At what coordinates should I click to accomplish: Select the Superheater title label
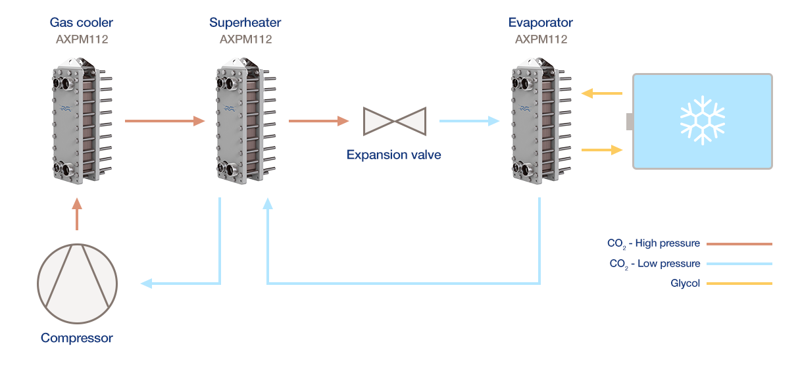point(245,23)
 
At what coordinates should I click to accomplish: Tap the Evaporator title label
point(540,23)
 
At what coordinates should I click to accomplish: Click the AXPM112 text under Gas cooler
point(82,39)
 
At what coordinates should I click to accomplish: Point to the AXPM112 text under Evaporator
point(540,39)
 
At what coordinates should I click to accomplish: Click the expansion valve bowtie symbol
point(393,121)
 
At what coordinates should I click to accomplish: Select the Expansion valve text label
point(393,155)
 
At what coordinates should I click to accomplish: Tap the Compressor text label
point(77,339)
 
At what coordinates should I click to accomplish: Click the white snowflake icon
point(702,121)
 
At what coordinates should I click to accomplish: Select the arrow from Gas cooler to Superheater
point(164,121)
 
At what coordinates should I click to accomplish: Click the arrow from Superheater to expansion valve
point(318,121)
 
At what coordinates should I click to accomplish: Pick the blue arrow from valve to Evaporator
point(469,121)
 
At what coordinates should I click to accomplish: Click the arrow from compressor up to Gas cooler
point(77,215)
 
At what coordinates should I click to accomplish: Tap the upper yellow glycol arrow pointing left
point(602,93)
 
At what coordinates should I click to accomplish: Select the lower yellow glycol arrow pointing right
point(602,150)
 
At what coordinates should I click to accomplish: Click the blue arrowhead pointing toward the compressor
point(146,284)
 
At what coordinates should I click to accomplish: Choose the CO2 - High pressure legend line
point(738,243)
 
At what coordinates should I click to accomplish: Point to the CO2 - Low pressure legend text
point(654,264)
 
